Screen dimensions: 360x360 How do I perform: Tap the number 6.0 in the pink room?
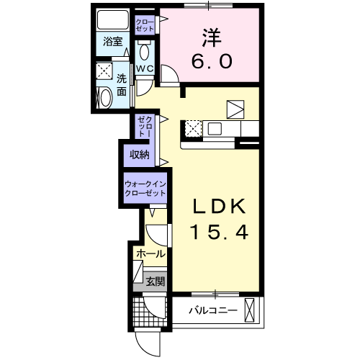211,62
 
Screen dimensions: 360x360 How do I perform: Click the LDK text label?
218,207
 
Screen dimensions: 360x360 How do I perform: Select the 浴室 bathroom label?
112,42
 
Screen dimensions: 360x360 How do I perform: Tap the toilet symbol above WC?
144,51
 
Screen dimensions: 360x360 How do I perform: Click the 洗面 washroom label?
122,84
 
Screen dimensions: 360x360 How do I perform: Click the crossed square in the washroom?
104,71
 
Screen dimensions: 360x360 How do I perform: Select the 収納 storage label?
139,155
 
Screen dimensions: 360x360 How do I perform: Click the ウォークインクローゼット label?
145,189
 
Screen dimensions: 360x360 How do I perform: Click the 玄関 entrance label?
154,280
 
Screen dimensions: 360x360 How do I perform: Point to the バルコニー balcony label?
213,311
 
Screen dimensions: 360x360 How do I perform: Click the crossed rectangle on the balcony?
250,310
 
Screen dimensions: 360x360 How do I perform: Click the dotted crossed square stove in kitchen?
193,128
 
